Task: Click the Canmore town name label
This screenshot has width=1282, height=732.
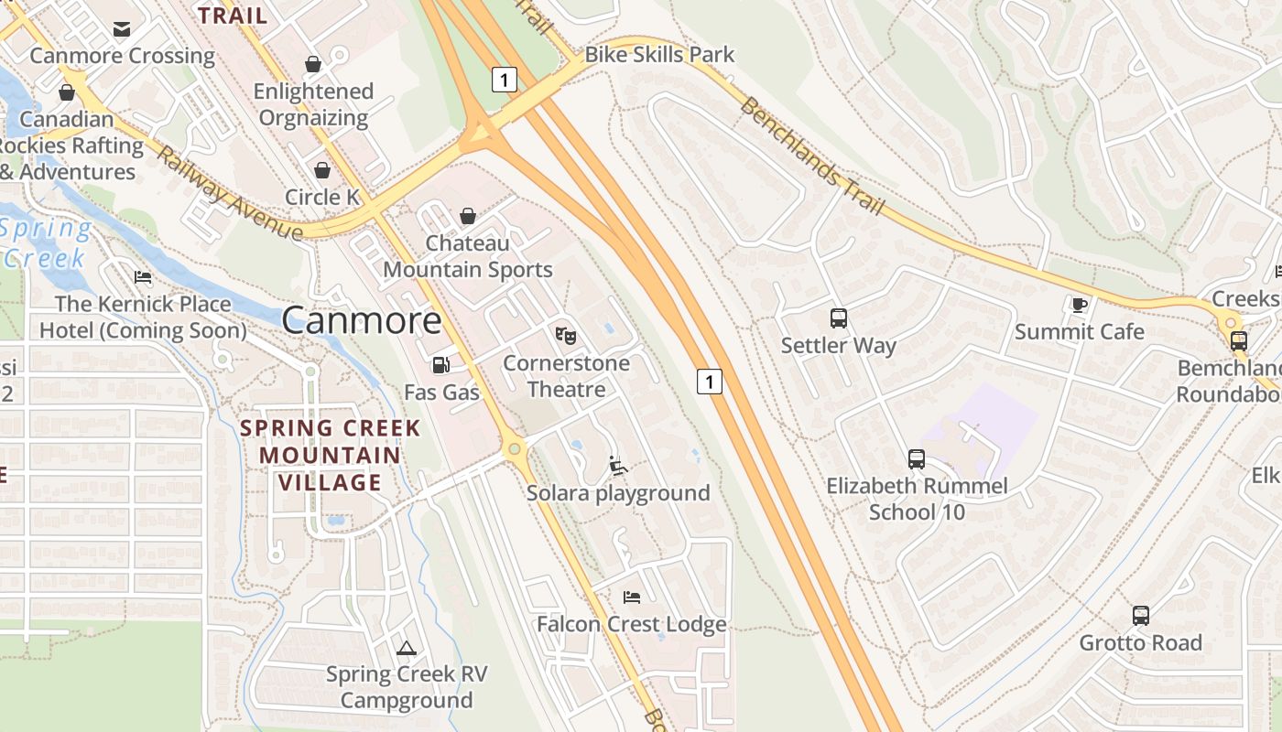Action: click(362, 320)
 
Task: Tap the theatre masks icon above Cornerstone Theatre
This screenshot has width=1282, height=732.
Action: click(566, 336)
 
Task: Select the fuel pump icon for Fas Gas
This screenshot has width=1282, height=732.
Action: click(441, 365)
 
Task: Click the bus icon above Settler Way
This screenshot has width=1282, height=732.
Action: click(839, 318)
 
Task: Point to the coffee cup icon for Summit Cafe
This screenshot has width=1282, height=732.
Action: click(1079, 304)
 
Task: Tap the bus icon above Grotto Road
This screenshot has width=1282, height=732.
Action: click(1140, 615)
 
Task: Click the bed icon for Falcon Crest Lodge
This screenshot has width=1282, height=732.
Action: click(631, 597)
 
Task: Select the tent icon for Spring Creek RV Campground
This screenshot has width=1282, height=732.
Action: click(407, 649)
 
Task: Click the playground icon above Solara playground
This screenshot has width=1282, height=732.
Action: click(618, 466)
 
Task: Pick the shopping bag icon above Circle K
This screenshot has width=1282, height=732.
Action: click(322, 170)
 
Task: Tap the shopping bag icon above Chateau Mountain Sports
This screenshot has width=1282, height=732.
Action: click(468, 216)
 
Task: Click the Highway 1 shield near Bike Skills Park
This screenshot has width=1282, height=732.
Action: click(503, 80)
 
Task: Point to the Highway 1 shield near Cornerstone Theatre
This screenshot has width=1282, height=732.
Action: click(710, 381)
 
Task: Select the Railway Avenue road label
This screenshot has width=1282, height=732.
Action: click(229, 193)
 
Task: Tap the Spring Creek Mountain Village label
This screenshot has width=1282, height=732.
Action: click(330, 455)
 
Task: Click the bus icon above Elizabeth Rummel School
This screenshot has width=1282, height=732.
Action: click(916, 459)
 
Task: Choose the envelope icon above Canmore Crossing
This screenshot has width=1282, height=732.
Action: click(122, 29)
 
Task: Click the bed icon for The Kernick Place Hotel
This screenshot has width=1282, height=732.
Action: click(143, 277)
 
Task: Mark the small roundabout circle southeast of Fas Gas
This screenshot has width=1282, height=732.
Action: click(515, 448)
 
